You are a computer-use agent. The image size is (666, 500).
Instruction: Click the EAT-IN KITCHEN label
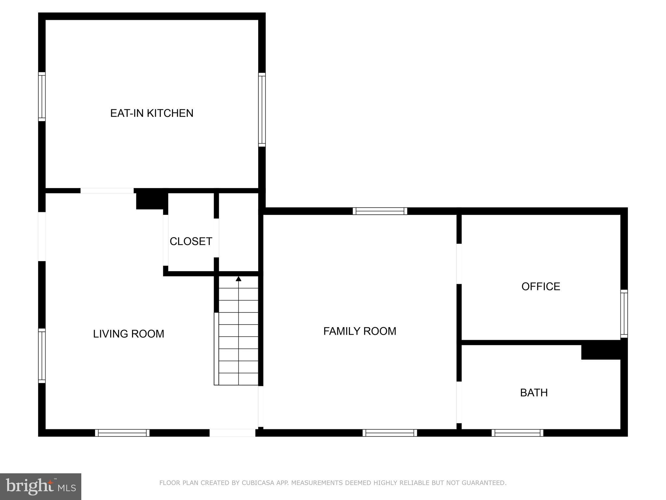pyautogui.click(x=152, y=113)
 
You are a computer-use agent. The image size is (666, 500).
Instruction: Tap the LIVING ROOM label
pyautogui.click(x=128, y=334)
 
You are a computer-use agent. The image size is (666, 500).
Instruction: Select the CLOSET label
pyautogui.click(x=191, y=241)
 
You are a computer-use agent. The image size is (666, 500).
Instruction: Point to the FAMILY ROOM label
pyautogui.click(x=360, y=331)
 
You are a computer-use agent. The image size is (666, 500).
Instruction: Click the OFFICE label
pyautogui.click(x=541, y=286)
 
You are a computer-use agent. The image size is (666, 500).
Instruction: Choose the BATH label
pyautogui.click(x=534, y=393)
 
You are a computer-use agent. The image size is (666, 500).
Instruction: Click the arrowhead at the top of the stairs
pyautogui.click(x=238, y=279)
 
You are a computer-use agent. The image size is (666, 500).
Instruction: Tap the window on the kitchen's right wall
pyautogui.click(x=262, y=109)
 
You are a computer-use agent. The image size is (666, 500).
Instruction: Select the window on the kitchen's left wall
pyautogui.click(x=42, y=97)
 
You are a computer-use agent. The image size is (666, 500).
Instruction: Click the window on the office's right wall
pyautogui.click(x=624, y=313)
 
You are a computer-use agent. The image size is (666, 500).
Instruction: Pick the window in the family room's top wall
pyautogui.click(x=380, y=211)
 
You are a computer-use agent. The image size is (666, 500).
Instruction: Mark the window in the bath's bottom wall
pyautogui.click(x=517, y=433)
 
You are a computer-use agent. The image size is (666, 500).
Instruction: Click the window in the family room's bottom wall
pyautogui.click(x=390, y=433)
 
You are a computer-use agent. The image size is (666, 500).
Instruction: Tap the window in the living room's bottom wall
pyautogui.click(x=122, y=433)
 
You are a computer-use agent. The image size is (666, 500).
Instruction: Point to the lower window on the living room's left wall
pyautogui.click(x=42, y=355)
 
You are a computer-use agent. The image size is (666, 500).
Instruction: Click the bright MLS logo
pyautogui.click(x=41, y=486)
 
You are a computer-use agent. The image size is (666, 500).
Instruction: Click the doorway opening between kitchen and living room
pyautogui.click(x=107, y=191)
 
